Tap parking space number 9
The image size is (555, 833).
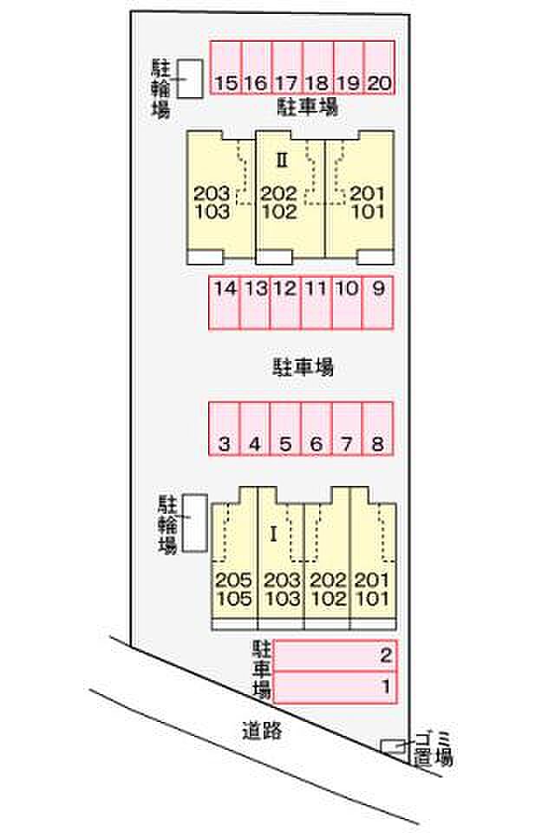coord(377,302)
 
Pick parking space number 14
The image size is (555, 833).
coord(225,302)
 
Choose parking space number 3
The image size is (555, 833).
coord(225,429)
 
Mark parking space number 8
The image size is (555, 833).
coord(376,429)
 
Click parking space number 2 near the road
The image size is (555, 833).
coord(334,655)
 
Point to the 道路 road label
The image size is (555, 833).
coord(262,731)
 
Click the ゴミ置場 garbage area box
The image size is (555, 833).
coord(394,747)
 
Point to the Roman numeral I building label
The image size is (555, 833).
coord(273,535)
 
